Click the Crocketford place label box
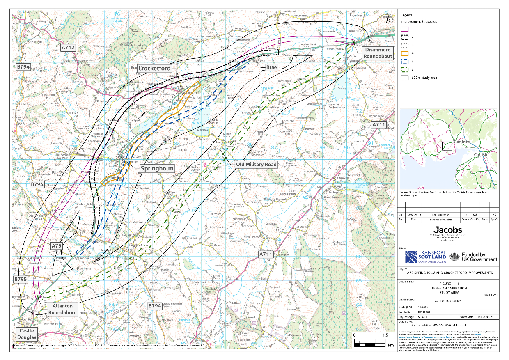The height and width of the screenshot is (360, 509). tap(154, 68)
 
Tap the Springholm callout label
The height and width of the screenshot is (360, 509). tap(158, 168)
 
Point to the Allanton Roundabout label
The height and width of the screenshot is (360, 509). tap(63, 309)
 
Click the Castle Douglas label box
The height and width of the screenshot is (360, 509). tap(27, 334)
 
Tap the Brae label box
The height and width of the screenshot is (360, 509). tap(271, 67)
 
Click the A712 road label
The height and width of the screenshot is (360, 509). tap(68, 48)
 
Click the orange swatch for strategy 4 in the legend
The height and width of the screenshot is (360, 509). tap(404, 53)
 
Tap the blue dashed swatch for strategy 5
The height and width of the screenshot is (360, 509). tap(404, 61)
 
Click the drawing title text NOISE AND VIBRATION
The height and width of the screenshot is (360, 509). tap(448, 288)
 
